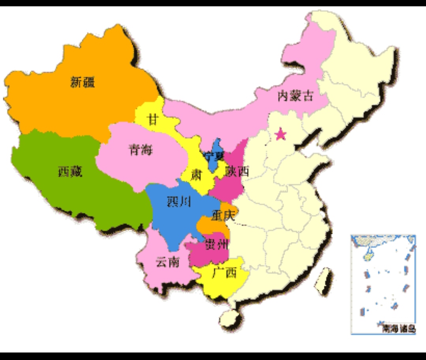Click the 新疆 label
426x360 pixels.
click(x=83, y=82)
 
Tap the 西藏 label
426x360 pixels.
click(x=70, y=172)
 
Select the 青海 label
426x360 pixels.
click(x=140, y=150)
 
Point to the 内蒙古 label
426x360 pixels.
click(x=295, y=96)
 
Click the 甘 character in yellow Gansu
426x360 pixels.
click(x=152, y=119)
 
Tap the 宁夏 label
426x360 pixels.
click(x=214, y=156)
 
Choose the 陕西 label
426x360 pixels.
click(x=237, y=171)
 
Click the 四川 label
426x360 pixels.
click(x=179, y=202)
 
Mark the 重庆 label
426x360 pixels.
click(x=223, y=216)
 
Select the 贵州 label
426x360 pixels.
click(x=216, y=245)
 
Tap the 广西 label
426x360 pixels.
click(x=224, y=272)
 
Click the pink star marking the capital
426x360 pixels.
click(x=280, y=135)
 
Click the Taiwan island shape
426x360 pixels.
click(x=325, y=280)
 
